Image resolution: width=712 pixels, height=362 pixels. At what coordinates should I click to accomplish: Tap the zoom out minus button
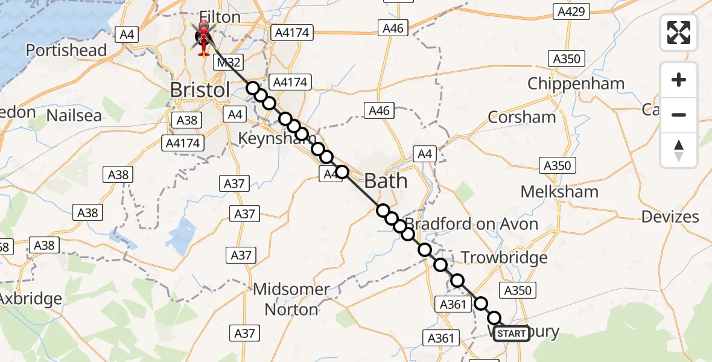point(679,115)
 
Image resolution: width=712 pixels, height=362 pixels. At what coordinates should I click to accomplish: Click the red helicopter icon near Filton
point(203,37)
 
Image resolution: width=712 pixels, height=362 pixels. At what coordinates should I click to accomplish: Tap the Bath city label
point(386,181)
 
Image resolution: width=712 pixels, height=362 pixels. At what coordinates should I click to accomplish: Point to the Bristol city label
point(200,91)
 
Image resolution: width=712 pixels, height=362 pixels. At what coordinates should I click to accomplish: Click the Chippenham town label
point(576,84)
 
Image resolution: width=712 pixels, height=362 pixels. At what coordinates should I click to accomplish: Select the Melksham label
point(559,192)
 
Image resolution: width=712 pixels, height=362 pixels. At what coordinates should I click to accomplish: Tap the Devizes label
point(670,217)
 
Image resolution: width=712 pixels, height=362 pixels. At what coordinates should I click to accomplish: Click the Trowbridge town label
point(504,258)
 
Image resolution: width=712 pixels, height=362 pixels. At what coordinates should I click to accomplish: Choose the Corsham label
point(521,117)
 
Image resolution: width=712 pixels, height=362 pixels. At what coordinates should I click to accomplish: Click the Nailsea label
point(74,115)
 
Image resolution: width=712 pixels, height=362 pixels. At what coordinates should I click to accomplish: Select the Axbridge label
point(30,299)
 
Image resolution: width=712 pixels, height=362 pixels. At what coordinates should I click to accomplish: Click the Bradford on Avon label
point(471,224)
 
